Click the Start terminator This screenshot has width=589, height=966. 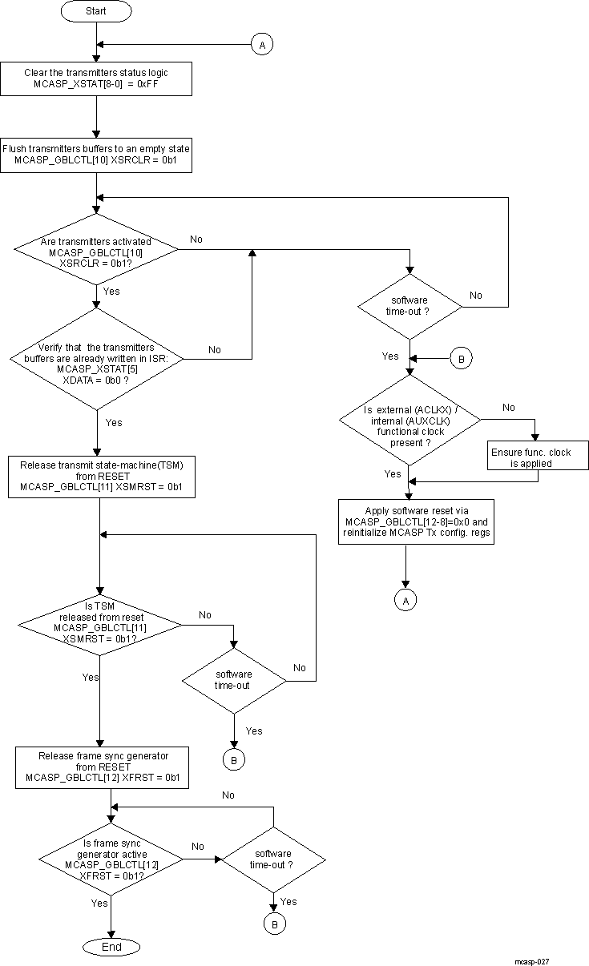96,12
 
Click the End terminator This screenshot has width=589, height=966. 111,947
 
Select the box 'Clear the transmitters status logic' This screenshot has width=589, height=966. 96,78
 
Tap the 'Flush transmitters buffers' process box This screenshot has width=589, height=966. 96,155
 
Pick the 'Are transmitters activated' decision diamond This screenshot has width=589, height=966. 96,250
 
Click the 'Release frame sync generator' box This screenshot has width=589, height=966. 102,767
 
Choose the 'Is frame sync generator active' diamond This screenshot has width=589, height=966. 111,859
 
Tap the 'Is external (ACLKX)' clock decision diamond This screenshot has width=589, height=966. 409,425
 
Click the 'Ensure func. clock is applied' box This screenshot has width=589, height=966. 531,457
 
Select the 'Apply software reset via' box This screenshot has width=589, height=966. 415,521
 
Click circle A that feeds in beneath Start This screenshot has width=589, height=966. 261,45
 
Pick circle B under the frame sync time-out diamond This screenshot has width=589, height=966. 274,924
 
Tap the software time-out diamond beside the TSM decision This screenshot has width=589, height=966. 233,680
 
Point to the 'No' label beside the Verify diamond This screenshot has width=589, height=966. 215,349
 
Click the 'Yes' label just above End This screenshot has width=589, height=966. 99,903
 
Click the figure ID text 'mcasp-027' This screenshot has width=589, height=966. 532,960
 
